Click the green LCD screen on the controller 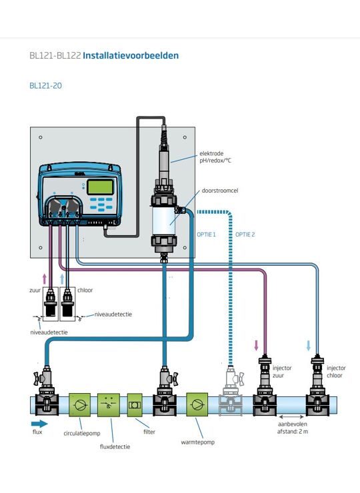point(100,187)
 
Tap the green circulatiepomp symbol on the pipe point(79,405)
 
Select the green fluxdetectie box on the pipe point(109,405)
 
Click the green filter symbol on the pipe point(135,405)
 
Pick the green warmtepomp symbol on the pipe point(197,404)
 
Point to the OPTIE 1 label point(207,235)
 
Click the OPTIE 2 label point(245,235)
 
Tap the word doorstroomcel point(220,191)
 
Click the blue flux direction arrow point(39,424)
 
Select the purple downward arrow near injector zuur point(256,345)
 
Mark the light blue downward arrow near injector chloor point(309,345)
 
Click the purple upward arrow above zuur point(45,279)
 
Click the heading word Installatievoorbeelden point(131,56)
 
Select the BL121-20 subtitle point(45,85)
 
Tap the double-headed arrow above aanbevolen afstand point(291,417)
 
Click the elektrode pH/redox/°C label point(215,157)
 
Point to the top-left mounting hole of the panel point(40,137)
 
